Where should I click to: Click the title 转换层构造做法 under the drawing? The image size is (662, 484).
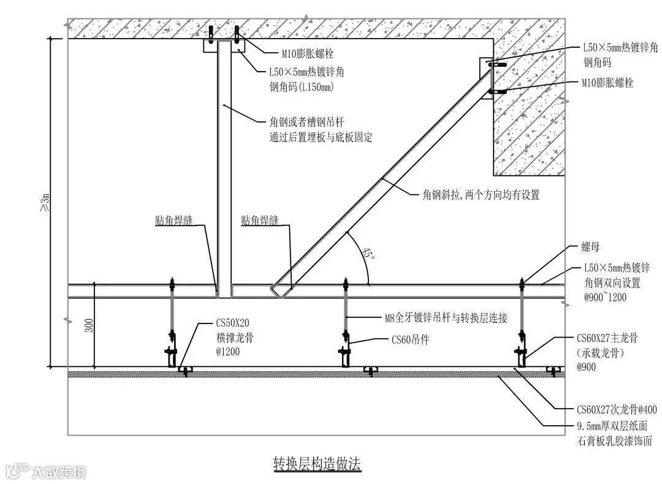pos(317,464)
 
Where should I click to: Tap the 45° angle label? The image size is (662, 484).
pos(368,254)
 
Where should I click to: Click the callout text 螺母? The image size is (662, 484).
pos(590,248)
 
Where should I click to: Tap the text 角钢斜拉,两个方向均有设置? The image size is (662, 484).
pos(481,195)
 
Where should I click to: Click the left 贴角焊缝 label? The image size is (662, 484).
pos(173,221)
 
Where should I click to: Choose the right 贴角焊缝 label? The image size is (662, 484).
pos(259,221)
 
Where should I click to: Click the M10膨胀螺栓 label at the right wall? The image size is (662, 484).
pos(607,83)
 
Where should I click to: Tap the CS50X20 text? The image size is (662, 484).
pos(232,323)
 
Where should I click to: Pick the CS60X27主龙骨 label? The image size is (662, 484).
pos(607,338)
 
